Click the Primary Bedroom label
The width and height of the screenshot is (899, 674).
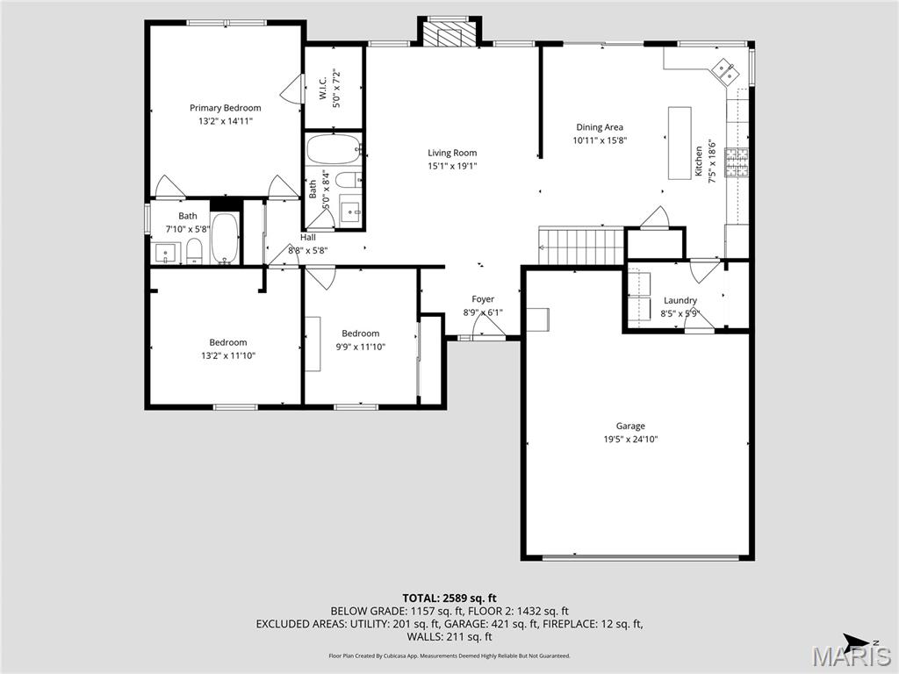coord(226,108)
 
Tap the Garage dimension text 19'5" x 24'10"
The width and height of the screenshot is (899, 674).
coord(630,440)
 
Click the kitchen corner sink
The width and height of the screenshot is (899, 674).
coord(723,71)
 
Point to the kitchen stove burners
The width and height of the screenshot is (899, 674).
coord(737,162)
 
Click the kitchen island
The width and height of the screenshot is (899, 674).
coord(680,143)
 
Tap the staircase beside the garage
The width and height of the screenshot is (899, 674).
coord(581,246)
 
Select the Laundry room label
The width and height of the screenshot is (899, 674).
coord(680,300)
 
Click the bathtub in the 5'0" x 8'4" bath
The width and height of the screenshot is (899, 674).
coord(334,149)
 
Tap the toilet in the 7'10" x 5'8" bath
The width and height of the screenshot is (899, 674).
coord(195,252)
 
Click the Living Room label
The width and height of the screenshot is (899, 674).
coord(452,153)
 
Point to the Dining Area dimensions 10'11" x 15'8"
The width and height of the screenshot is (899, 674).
coord(600,140)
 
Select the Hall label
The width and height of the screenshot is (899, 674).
coord(308,237)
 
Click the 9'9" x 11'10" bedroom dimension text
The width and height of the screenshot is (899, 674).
coord(361,347)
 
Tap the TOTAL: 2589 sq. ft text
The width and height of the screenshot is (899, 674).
coord(449,599)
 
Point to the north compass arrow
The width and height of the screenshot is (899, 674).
coord(859,641)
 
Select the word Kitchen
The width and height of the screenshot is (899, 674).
coord(699,161)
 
